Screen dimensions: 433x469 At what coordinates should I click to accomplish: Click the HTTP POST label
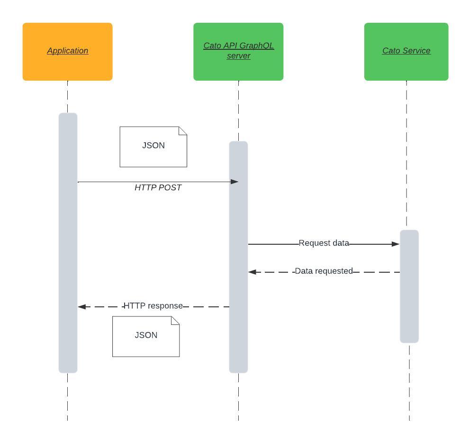[x=158, y=188]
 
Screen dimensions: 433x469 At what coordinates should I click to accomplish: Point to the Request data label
[x=324, y=243]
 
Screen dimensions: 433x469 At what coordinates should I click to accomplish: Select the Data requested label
[x=324, y=271]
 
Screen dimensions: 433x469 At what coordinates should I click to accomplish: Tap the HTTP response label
[x=153, y=306]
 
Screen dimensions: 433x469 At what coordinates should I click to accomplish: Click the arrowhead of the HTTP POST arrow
[x=234, y=182]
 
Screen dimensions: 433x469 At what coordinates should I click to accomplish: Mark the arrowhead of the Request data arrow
[x=396, y=244]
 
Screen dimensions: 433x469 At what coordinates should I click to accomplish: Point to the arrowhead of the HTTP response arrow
[x=82, y=307]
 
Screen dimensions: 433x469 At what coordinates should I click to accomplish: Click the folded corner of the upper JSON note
[x=183, y=130]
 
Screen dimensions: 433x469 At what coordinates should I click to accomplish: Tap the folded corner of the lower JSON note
[x=175, y=320]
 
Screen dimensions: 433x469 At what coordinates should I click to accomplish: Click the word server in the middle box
[x=238, y=56]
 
